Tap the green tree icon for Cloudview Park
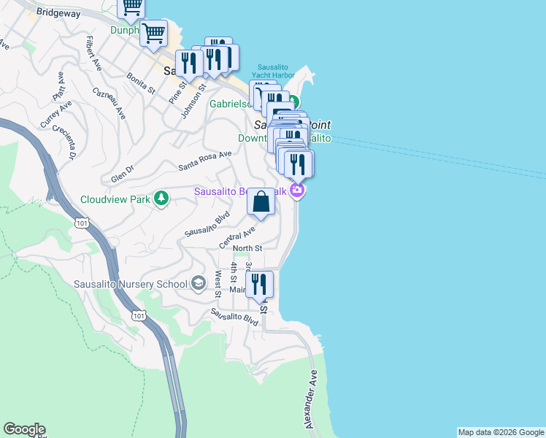pyautogui.click(x=161, y=198)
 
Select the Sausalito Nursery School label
pyautogui.click(x=131, y=284)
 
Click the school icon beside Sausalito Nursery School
pyautogui.click(x=198, y=283)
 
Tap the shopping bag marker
pyautogui.click(x=261, y=202)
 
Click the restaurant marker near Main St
pyautogui.click(x=259, y=284)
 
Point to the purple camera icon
pyautogui.click(x=296, y=191)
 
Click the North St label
pyautogui.click(x=247, y=249)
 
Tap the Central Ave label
pyautogui.click(x=237, y=237)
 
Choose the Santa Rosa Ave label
pyautogui.click(x=205, y=161)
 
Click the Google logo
pyautogui.click(x=24, y=429)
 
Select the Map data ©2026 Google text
pyautogui.click(x=501, y=432)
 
